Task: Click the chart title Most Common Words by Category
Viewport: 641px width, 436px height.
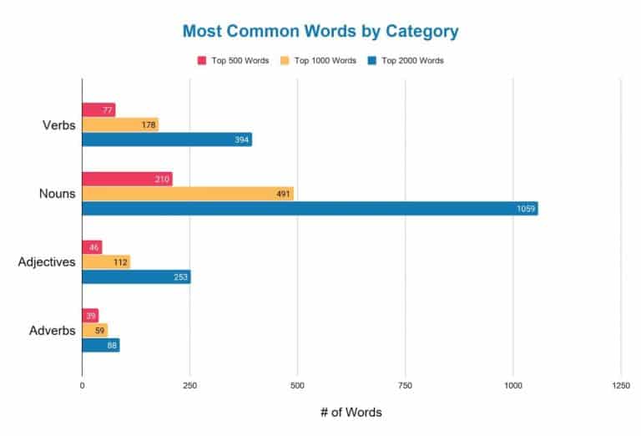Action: click(x=320, y=32)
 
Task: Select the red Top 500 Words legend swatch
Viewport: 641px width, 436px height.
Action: click(x=202, y=61)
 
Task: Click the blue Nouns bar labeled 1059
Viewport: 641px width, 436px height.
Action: click(x=310, y=209)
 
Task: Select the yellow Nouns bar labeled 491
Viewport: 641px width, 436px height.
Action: click(x=188, y=194)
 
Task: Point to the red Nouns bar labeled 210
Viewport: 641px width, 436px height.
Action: click(x=127, y=179)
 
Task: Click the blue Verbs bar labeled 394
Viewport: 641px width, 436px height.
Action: click(x=167, y=139)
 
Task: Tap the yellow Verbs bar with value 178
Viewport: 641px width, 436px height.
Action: click(x=120, y=125)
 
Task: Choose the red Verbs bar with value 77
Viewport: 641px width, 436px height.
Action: click(x=98, y=110)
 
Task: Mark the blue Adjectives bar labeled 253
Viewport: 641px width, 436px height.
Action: click(x=136, y=277)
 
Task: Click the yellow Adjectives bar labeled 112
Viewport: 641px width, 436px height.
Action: click(x=106, y=262)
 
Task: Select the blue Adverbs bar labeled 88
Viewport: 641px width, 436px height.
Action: click(x=101, y=345)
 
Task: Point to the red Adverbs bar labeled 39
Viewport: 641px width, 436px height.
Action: click(x=90, y=316)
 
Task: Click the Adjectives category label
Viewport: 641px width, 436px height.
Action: click(x=47, y=262)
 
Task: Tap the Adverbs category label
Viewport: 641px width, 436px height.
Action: click(x=52, y=331)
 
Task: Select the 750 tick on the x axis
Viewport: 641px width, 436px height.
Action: click(x=405, y=386)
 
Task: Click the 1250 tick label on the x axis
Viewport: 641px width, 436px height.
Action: click(x=620, y=386)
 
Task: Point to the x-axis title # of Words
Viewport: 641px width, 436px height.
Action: click(x=351, y=412)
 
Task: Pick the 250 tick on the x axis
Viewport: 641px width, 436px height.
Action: click(x=189, y=386)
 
